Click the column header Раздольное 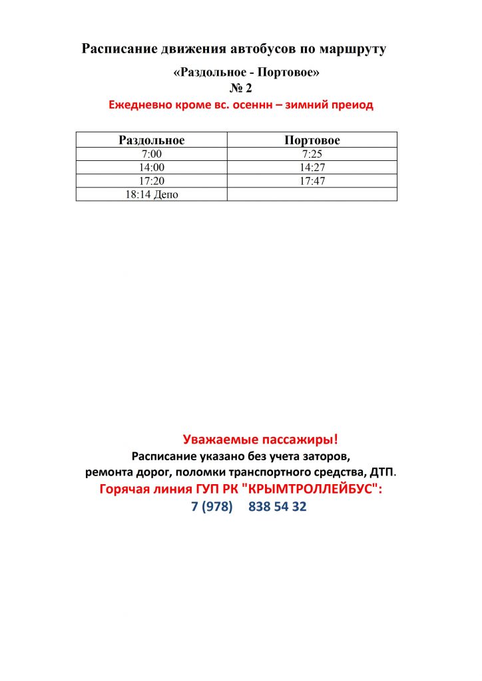click(151, 140)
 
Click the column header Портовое click(312, 140)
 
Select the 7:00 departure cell click(151, 154)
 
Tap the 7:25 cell click(312, 154)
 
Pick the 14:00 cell click(151, 167)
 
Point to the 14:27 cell click(312, 167)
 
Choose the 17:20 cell click(151, 180)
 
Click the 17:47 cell click(312, 180)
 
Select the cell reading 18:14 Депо click(151, 194)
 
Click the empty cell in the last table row click(312, 194)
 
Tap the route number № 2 click(240, 88)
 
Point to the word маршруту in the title click(352, 49)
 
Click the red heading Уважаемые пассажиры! click(260, 439)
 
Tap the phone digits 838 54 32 click(278, 507)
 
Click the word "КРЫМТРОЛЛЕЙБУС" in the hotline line click(314, 489)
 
